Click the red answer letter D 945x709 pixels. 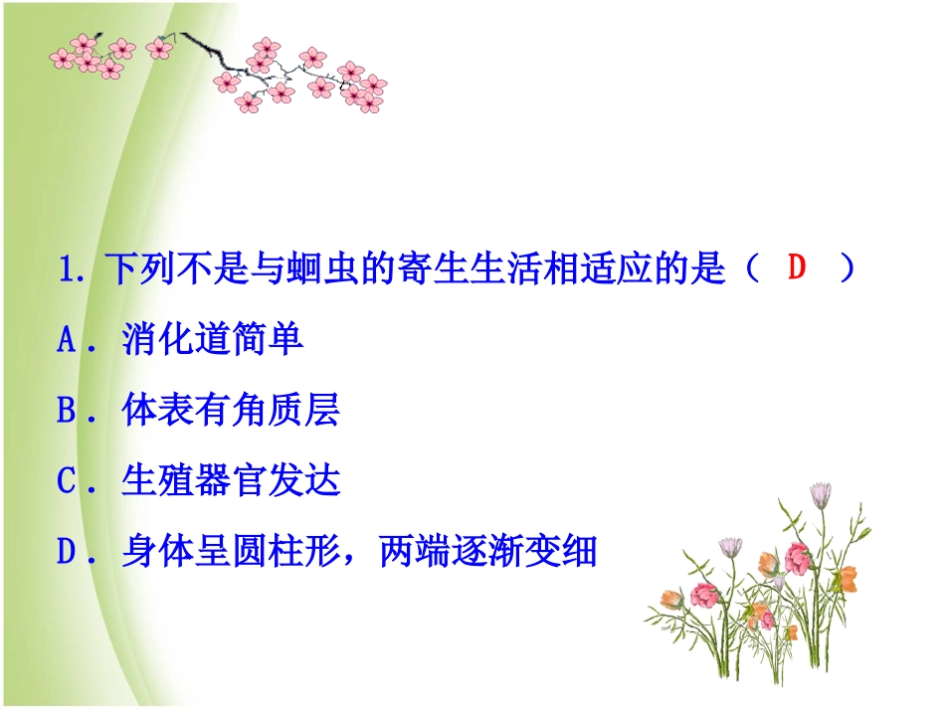tap(796, 268)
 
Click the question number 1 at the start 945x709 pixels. tap(68, 271)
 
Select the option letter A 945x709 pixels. tap(67, 341)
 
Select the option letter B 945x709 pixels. tap(67, 412)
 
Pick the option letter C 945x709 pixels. tap(67, 482)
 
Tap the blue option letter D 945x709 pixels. tap(67, 553)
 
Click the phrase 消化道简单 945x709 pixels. tap(213, 341)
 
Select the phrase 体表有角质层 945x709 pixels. tap(231, 412)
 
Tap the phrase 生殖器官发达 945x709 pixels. tap(231, 482)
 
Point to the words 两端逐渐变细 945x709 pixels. tap(487, 553)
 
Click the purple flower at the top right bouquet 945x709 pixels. tap(821, 493)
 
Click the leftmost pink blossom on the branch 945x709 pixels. tap(63, 58)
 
